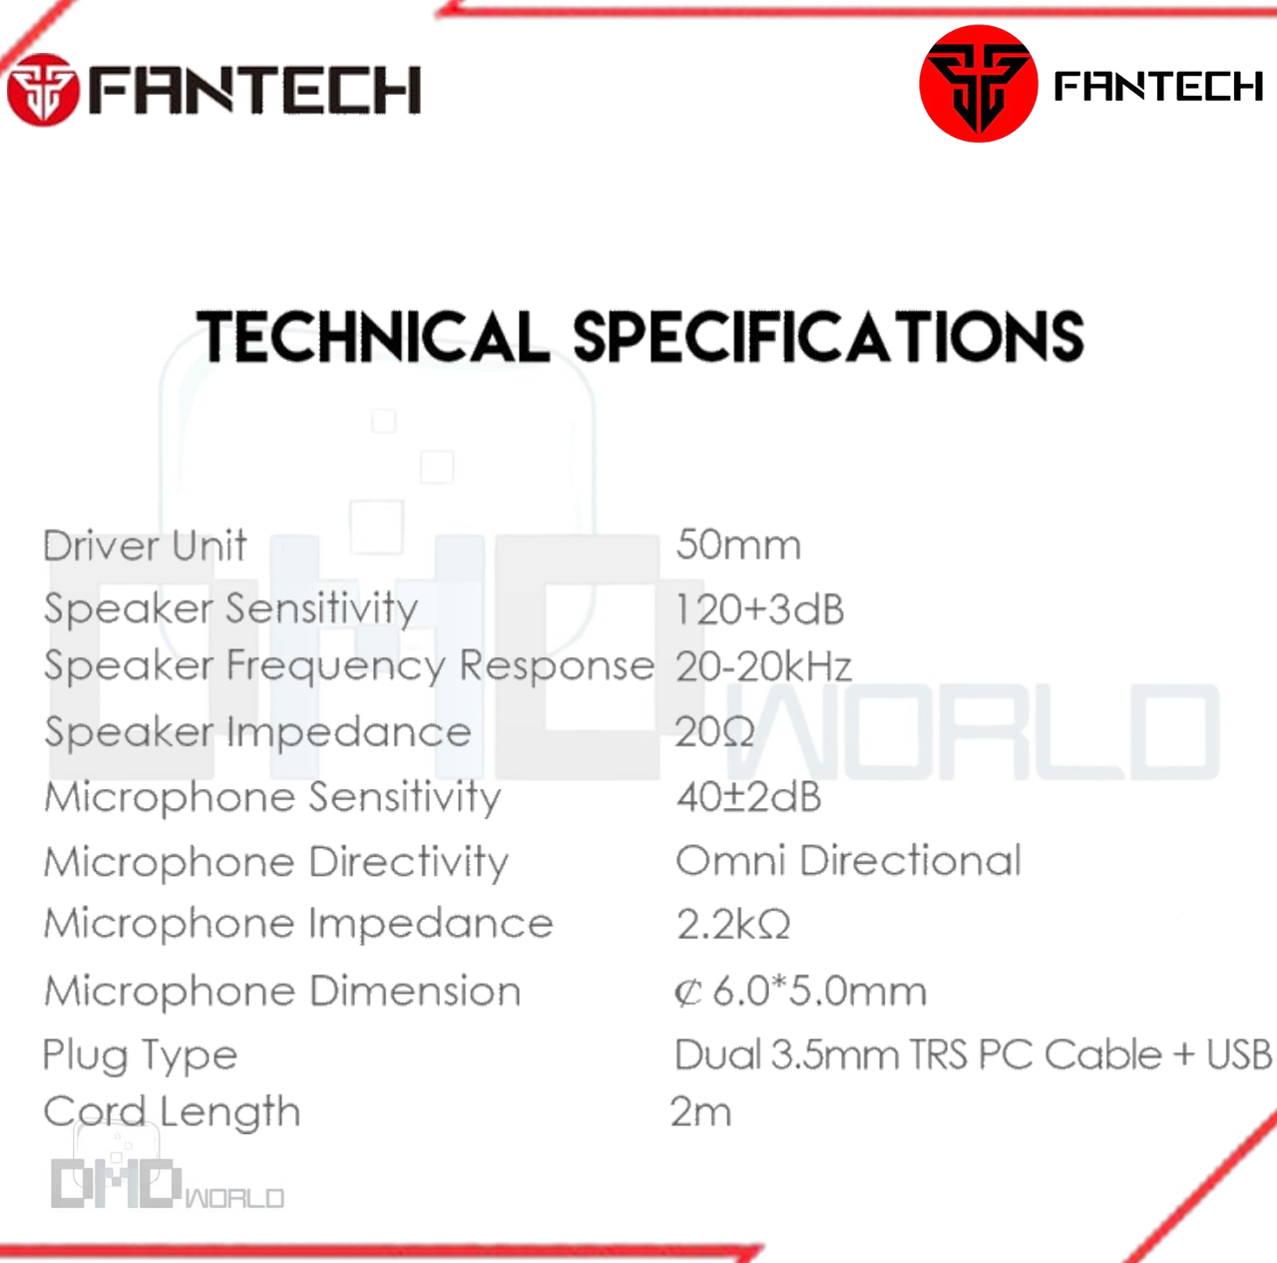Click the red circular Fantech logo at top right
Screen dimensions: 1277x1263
978,84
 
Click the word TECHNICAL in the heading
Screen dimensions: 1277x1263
373,337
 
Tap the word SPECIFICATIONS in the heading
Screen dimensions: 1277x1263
828,337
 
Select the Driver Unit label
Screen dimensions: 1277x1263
145,546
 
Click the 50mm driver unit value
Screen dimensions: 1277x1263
738,545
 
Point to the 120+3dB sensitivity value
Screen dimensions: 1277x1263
759,609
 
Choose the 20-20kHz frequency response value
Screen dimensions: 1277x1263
763,666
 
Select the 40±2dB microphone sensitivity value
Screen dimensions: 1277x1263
749,796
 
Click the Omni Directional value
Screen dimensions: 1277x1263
848,861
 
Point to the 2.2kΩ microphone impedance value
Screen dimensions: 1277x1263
733,924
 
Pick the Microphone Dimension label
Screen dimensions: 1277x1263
282,992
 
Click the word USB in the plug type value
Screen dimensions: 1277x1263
1238,1054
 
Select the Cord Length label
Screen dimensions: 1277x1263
172,1111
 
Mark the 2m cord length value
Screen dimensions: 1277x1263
701,1111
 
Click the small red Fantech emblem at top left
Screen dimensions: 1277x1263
43,90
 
